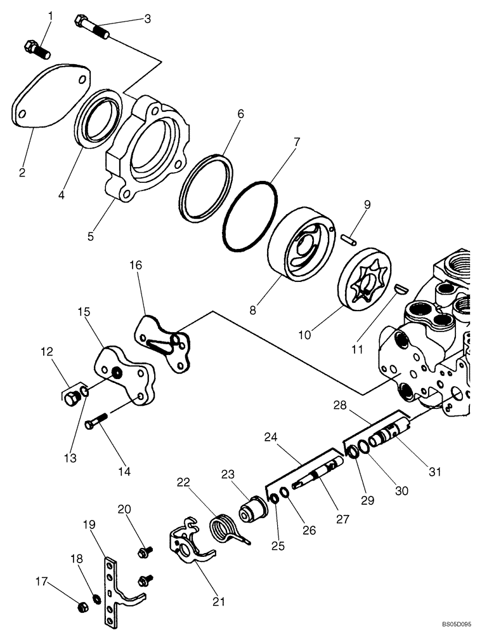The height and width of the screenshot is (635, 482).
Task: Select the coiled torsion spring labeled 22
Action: (x=226, y=528)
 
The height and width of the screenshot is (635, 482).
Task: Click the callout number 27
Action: (x=343, y=518)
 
